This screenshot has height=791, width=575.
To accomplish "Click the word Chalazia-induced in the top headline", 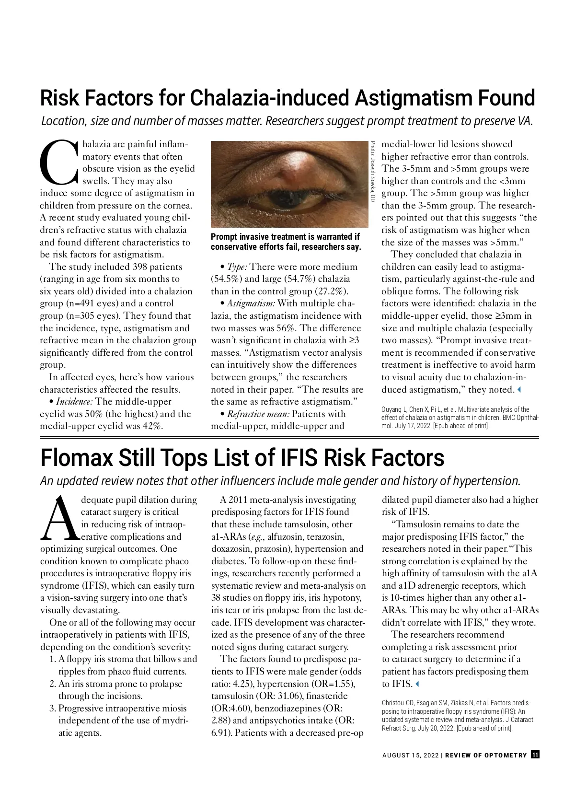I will pos(270,98).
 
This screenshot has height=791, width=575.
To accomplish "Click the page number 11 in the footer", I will pos(535,755).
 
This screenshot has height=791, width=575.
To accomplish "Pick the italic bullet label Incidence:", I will pos(74,402).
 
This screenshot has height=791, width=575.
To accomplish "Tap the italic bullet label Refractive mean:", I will pos(258,414).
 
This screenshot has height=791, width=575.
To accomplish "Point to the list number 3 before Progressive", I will pos(52,709).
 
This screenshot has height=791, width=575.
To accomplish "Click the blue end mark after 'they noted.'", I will pos(519,390).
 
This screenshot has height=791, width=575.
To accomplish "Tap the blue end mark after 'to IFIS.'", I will pos(417,684).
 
